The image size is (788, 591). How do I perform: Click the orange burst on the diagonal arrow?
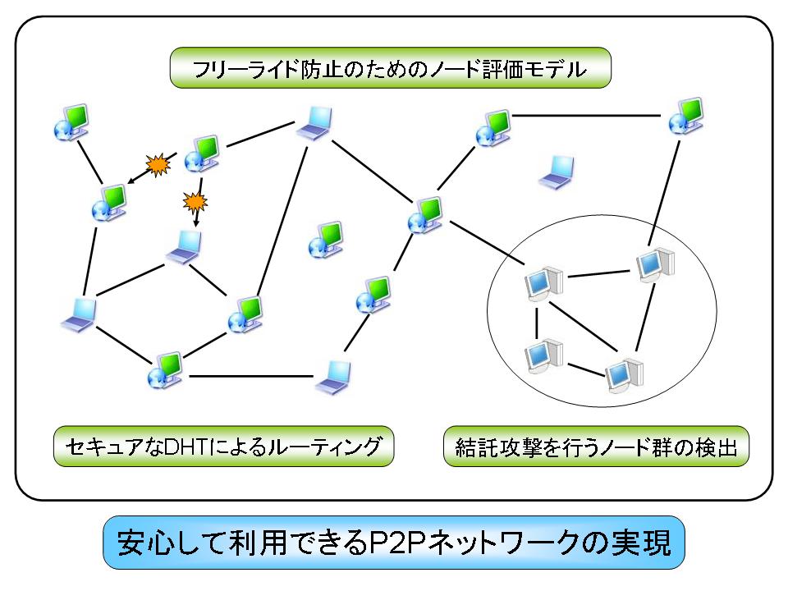[158, 164]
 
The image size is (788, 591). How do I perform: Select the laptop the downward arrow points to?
[185, 247]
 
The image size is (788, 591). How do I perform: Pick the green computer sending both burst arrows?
[202, 153]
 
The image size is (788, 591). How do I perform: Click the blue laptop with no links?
[557, 172]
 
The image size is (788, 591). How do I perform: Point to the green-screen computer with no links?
[326, 240]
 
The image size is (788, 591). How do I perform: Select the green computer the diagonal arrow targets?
[109, 203]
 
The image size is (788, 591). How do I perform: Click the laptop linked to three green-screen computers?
[314, 122]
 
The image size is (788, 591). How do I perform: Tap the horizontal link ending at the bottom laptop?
[251, 376]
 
